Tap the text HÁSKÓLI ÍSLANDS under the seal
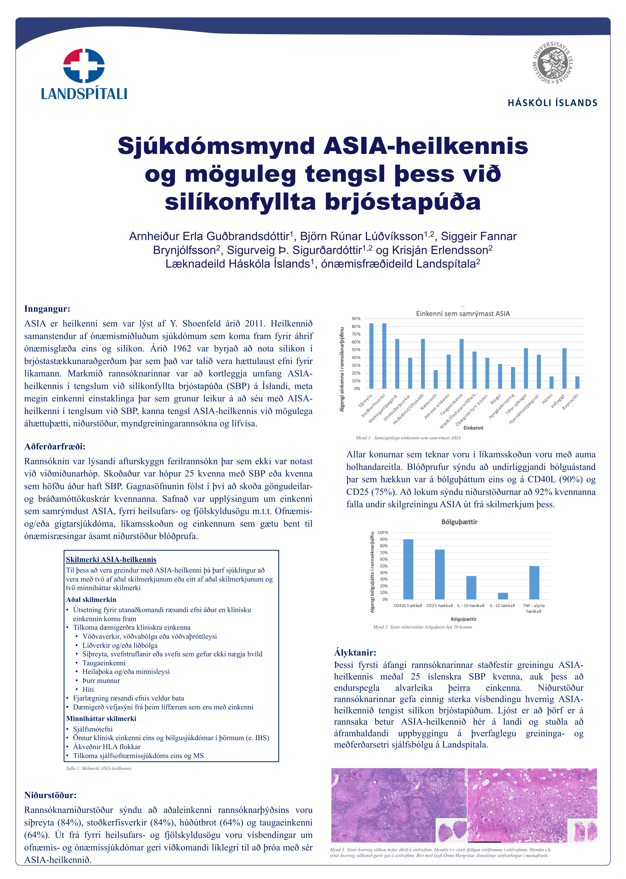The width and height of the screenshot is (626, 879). click(552, 103)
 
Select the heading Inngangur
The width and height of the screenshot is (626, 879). click(47, 309)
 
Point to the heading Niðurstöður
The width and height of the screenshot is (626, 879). click(50, 795)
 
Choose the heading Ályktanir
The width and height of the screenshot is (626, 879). click(355, 653)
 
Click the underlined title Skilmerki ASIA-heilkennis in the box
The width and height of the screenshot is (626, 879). click(111, 560)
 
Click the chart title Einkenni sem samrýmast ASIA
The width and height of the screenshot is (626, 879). click(463, 314)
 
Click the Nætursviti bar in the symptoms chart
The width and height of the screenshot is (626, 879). click(436, 379)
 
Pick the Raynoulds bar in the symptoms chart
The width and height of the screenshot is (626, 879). click(577, 382)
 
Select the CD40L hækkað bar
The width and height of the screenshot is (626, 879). click(408, 569)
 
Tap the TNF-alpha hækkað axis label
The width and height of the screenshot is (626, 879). click(534, 608)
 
